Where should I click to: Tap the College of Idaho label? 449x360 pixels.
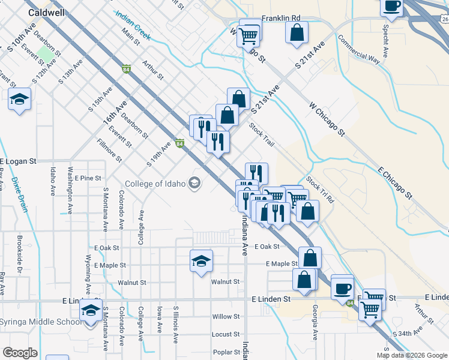[155, 184]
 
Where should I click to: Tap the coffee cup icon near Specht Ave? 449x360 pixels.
[392, 6]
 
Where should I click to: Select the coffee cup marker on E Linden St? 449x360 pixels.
[342, 287]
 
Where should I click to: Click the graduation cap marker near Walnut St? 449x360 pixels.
[202, 260]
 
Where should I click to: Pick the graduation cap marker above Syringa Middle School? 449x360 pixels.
[91, 310]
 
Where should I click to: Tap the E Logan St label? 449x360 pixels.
[19, 161]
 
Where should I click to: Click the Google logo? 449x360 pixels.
[19, 353]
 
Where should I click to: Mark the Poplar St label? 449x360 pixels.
[226, 352]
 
